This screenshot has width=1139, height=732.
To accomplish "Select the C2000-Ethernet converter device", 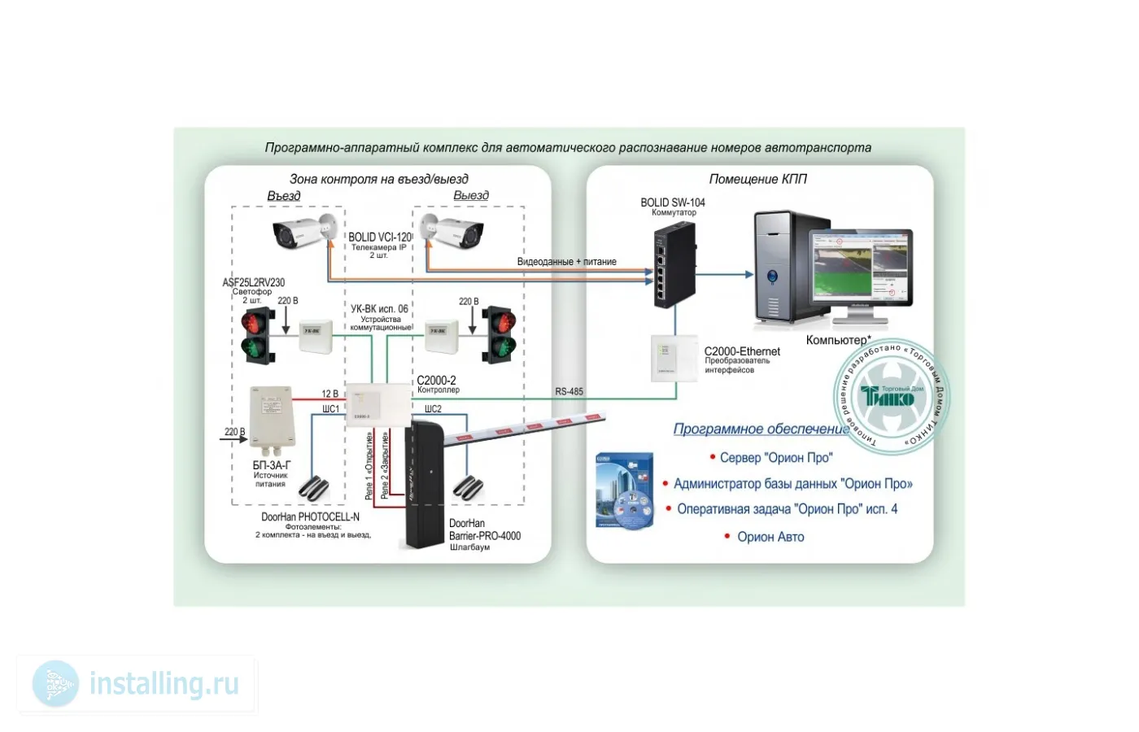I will [674, 358].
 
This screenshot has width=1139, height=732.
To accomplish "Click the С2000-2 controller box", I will [377, 404].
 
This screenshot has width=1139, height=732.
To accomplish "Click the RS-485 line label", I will [569, 392].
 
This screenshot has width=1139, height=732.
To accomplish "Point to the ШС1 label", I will [330, 409].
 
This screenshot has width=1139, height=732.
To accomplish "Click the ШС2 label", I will [433, 409].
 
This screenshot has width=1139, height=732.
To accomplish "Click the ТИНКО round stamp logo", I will [892, 396].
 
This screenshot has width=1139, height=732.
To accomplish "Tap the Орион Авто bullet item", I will [770, 537].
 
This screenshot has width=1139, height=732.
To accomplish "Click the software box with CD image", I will [625, 491].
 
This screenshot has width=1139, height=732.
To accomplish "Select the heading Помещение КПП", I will [757, 179].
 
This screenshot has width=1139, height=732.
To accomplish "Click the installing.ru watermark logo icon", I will [55, 683].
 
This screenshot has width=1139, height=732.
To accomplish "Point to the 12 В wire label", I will [329, 394].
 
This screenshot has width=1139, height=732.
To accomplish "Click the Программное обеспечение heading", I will [760, 429].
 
